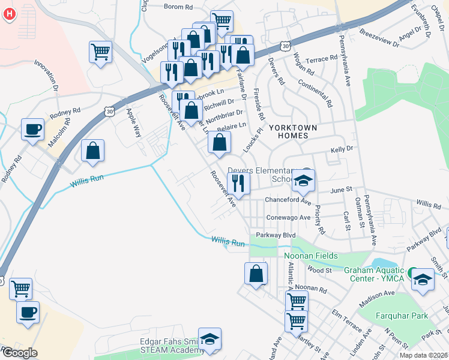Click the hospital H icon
[x=8, y=14]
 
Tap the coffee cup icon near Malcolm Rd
[x=32, y=130]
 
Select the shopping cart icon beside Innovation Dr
[x=100, y=52]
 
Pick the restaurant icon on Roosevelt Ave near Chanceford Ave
[x=238, y=183]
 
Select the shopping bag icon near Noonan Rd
[x=256, y=274]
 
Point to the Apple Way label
[x=131, y=118]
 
